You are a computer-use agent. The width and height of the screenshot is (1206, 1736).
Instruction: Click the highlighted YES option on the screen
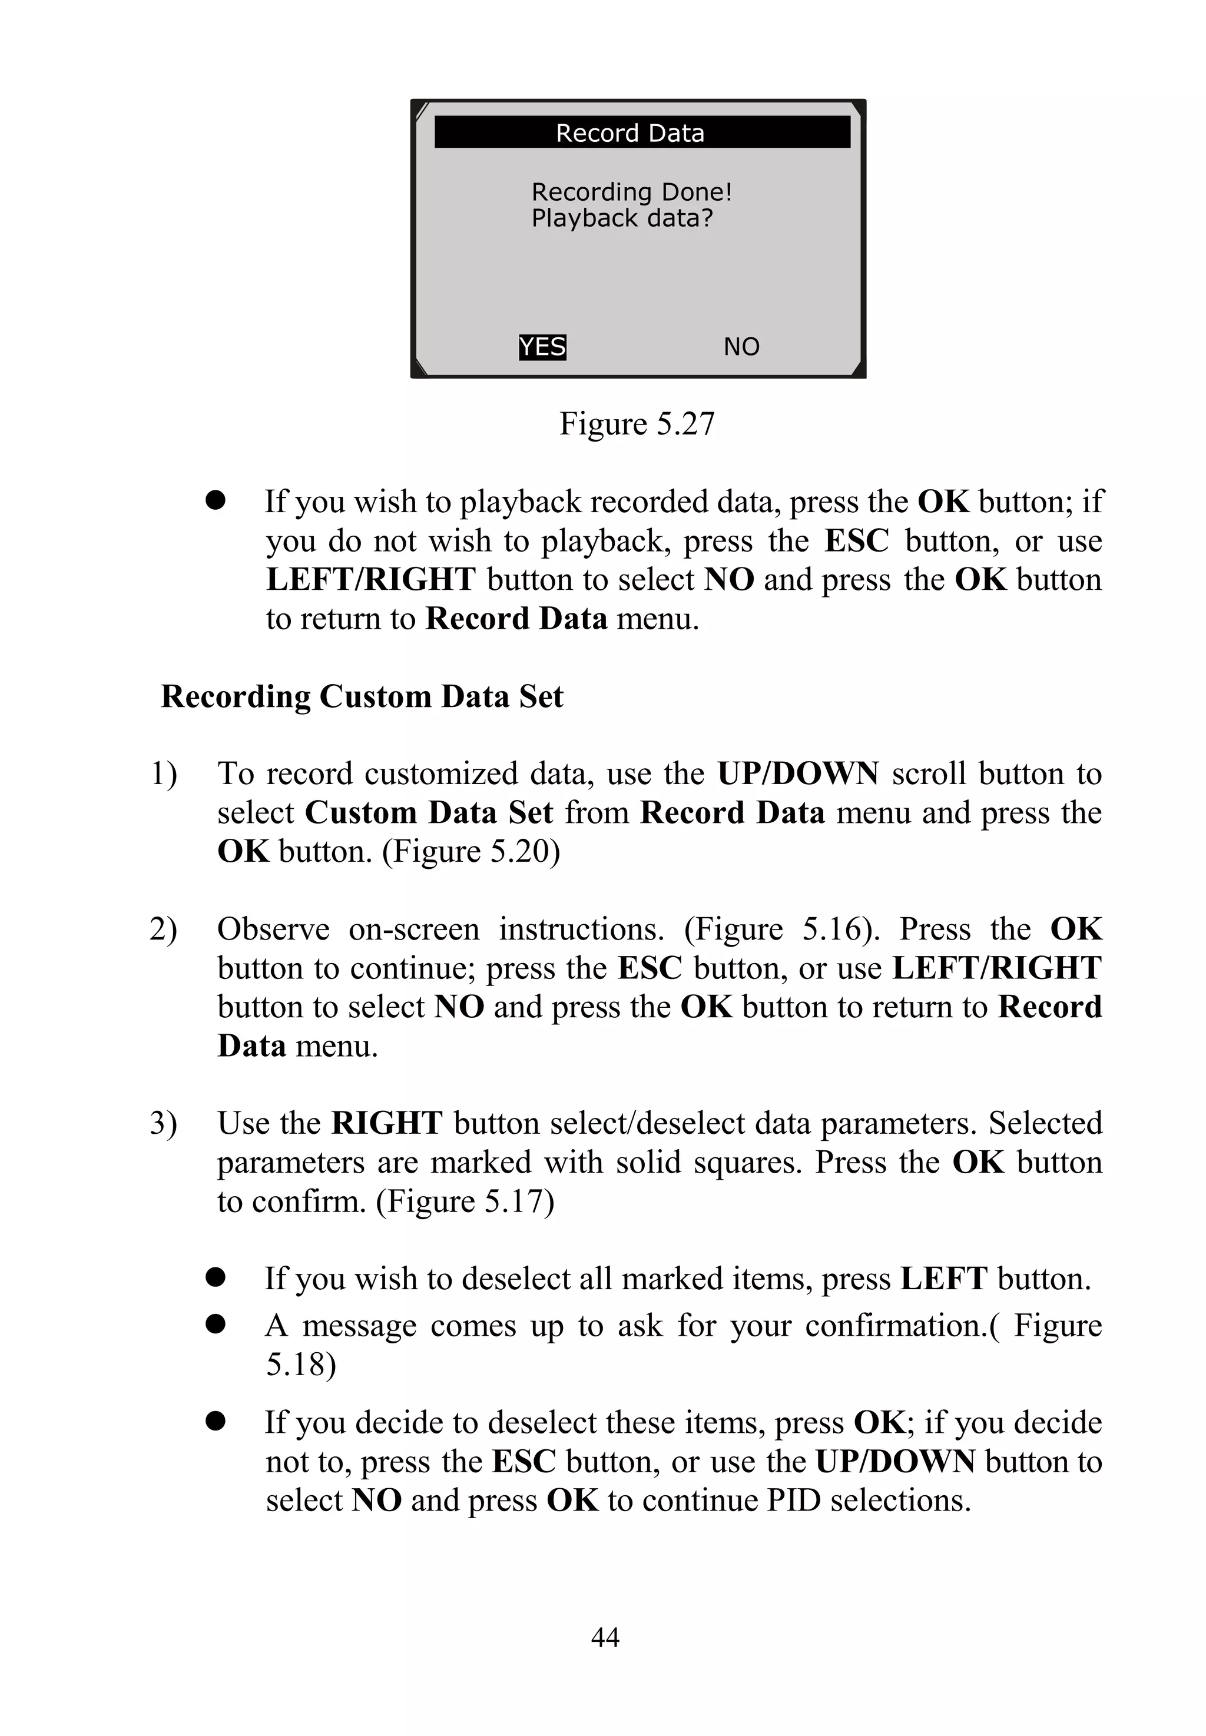[542, 347]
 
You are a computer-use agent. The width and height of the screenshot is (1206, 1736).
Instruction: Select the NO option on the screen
[741, 347]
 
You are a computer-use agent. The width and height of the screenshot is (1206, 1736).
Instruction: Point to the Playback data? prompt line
[621, 218]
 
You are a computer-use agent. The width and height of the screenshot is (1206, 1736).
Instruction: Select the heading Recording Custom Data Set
[362, 696]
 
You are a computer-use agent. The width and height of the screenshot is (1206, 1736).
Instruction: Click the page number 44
[605, 1637]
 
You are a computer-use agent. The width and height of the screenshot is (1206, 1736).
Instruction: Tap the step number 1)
[163, 774]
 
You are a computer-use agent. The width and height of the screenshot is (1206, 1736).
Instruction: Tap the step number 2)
[163, 929]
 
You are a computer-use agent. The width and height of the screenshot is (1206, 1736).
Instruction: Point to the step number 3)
[163, 1123]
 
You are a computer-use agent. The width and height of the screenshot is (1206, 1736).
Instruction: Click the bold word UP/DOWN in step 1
[797, 774]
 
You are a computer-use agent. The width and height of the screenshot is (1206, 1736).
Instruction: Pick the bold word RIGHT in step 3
[386, 1123]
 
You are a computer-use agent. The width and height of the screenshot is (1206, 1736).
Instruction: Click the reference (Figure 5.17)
[465, 1201]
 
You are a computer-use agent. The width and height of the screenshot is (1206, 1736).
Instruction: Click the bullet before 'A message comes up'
[216, 1325]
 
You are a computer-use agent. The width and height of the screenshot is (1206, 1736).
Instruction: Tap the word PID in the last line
[793, 1501]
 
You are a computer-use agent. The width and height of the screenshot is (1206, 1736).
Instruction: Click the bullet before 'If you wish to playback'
[216, 501]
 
